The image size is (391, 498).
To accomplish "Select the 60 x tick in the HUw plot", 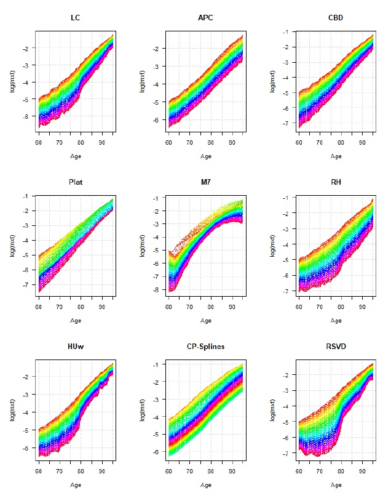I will coord(38,470).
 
